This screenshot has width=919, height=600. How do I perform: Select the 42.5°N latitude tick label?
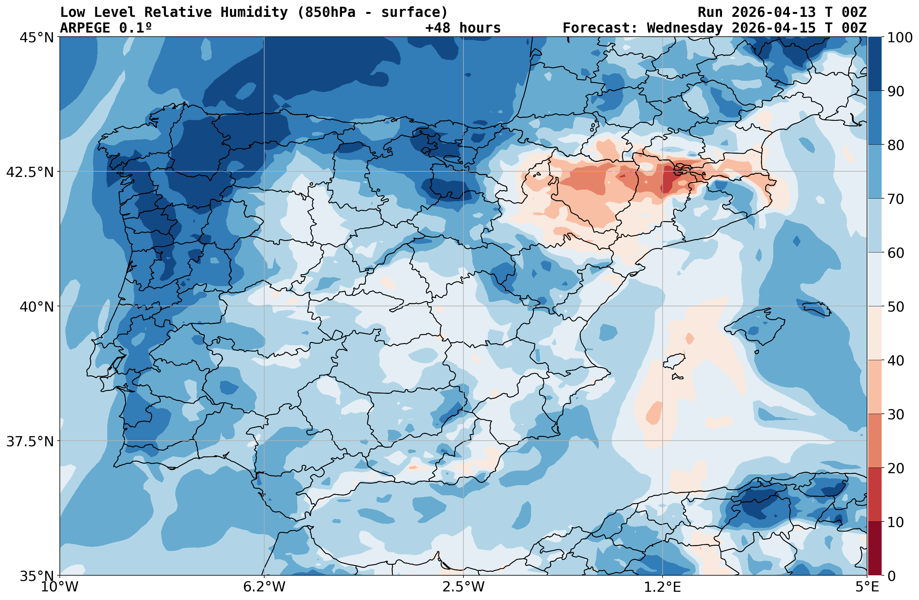(x=30, y=172)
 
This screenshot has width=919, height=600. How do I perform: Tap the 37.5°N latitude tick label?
(x=30, y=441)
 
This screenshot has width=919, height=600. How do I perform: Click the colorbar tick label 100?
(x=900, y=37)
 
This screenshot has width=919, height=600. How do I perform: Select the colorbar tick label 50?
(x=896, y=307)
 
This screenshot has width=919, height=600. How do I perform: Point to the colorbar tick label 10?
(x=896, y=522)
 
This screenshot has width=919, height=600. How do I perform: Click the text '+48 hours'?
(x=463, y=28)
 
